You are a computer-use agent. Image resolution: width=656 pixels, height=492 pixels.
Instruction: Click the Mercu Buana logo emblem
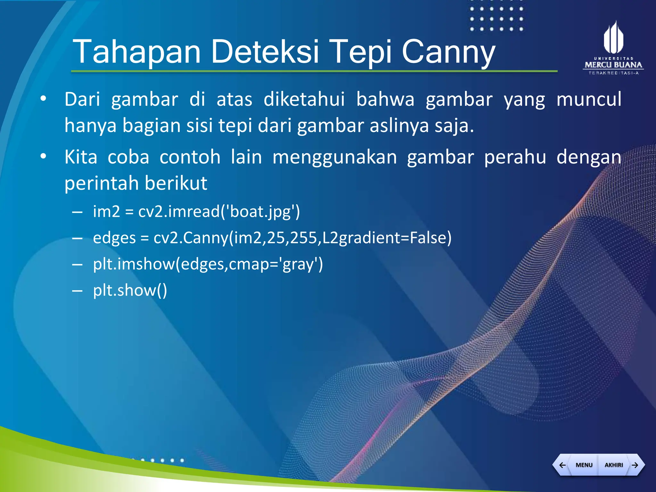pos(613,38)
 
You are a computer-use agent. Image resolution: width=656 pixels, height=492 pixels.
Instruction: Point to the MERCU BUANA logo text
pos(613,65)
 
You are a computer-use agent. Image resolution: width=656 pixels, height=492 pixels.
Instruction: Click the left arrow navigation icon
pos(562,465)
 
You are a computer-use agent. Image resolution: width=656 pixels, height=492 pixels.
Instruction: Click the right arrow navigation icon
pos(635,465)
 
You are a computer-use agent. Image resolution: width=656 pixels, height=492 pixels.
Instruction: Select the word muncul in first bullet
pos(589,99)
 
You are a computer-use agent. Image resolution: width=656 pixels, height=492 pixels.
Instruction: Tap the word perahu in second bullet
pos(515,158)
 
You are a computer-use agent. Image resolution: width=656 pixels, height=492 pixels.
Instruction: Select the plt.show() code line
pos(130,291)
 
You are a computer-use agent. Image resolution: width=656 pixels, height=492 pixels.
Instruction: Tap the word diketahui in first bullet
pos(304,99)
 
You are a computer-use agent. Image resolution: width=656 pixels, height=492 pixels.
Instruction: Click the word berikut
pos(176,184)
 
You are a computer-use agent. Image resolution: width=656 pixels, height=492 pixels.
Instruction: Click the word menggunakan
pos(334,158)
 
